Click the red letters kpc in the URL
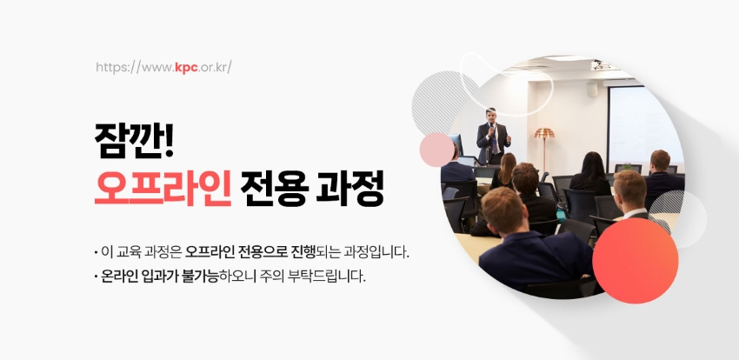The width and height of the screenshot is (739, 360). (186, 67)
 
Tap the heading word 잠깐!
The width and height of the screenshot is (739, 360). (134, 141)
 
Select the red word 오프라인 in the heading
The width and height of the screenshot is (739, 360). (163, 188)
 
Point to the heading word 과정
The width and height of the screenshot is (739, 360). (350, 188)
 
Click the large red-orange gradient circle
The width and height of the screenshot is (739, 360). (635, 261)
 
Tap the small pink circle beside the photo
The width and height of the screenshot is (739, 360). (437, 150)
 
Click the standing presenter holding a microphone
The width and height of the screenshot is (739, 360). (493, 137)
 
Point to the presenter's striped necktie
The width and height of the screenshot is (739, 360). (494, 142)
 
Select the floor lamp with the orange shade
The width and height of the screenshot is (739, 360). (544, 150)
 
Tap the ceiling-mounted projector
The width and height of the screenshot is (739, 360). (600, 65)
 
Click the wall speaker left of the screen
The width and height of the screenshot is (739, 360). (592, 89)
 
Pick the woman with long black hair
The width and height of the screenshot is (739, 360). (590, 173)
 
